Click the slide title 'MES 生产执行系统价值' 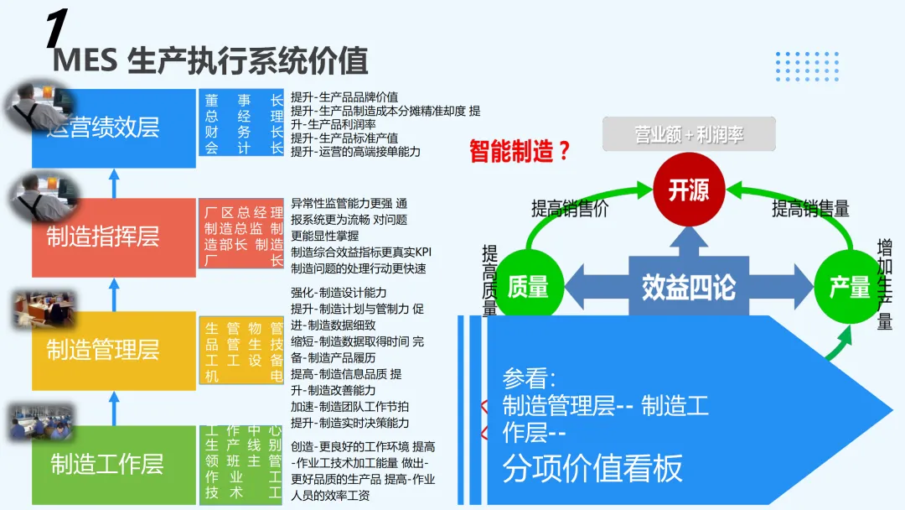[x=210, y=62]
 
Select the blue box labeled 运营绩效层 [x=113, y=127]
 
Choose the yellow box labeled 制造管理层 [x=113, y=349]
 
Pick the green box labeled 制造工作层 [x=113, y=463]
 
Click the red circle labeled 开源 [x=689, y=190]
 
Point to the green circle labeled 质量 [x=527, y=287]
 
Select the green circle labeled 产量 [x=849, y=287]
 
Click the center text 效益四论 [x=688, y=288]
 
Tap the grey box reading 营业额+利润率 [x=690, y=134]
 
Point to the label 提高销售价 [x=570, y=209]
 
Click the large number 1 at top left [x=56, y=29]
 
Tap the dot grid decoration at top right [x=807, y=66]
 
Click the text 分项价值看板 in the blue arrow [x=592, y=468]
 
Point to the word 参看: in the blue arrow [x=529, y=377]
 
